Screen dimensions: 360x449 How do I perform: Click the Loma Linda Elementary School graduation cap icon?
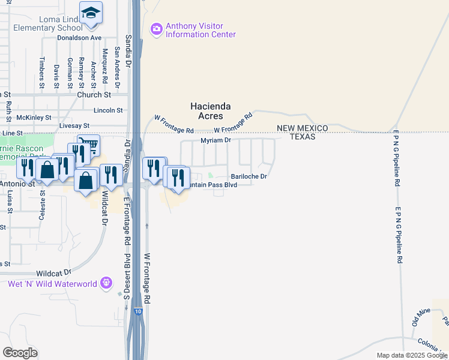91,13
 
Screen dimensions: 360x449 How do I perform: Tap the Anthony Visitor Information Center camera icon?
157,28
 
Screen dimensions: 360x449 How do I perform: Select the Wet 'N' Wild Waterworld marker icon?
107,282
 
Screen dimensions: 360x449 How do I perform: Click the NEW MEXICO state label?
302,128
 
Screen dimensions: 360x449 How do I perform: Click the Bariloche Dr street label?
249,176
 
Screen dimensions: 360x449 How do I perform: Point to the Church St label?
94,95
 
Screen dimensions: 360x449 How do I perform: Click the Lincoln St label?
108,110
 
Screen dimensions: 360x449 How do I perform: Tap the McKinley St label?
34,118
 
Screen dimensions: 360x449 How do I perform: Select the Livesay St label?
74,126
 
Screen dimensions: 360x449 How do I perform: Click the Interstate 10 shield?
138,311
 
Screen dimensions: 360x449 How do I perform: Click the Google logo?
20,353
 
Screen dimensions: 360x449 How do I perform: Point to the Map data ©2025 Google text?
411,355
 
